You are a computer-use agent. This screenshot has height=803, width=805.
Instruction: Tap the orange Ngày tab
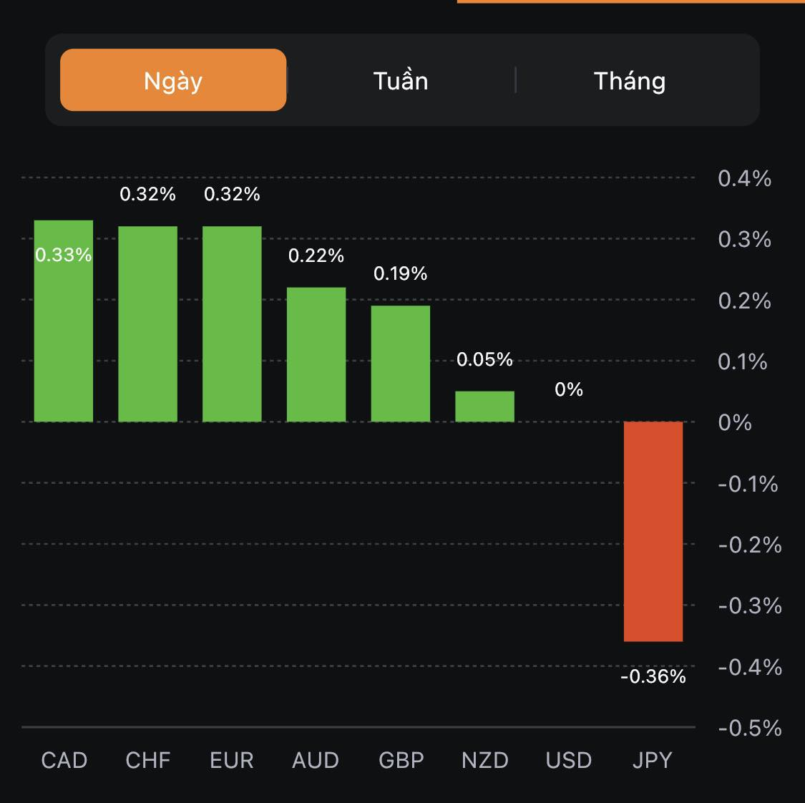pyautogui.click(x=173, y=80)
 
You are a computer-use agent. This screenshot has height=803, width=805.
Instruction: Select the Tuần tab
pyautogui.click(x=401, y=80)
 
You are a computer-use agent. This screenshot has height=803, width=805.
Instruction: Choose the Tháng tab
pyautogui.click(x=630, y=80)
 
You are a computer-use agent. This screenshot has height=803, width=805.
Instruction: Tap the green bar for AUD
pyautogui.click(x=316, y=354)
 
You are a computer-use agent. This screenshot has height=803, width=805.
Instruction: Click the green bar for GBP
pyautogui.click(x=401, y=364)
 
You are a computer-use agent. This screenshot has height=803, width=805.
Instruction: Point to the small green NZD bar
pyautogui.click(x=484, y=407)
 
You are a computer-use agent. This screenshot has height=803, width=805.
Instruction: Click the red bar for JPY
pyautogui.click(x=653, y=531)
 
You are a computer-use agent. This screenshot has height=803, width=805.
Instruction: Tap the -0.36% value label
pyautogui.click(x=653, y=676)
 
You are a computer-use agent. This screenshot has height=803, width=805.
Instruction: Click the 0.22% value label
pyautogui.click(x=316, y=255)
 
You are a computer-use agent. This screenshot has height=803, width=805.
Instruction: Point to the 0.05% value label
pyautogui.click(x=484, y=359)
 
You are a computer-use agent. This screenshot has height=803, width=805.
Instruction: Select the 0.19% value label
pyautogui.click(x=401, y=273)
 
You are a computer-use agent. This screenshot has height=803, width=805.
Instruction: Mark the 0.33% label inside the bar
pyautogui.click(x=64, y=255)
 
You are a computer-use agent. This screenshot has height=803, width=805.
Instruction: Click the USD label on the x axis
pyautogui.click(x=569, y=760)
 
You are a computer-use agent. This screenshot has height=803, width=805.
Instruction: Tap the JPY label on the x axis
pyautogui.click(x=653, y=760)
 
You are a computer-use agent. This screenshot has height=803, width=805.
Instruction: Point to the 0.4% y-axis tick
pyautogui.click(x=744, y=178)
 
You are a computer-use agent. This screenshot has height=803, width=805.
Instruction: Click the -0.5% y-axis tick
pyautogui.click(x=749, y=728)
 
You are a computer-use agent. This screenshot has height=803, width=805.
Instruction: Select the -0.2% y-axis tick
pyautogui.click(x=749, y=545)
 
